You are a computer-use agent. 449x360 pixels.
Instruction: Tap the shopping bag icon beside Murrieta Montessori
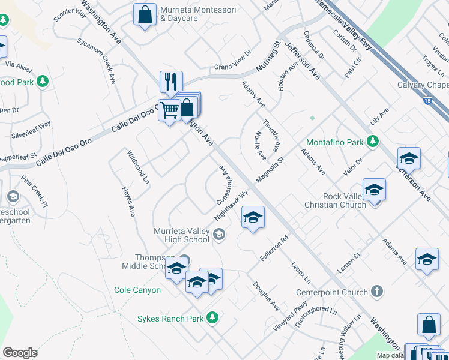[x=145, y=15]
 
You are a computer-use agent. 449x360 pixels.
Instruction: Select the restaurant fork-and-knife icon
[x=171, y=81]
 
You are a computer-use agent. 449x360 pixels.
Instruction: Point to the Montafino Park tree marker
[x=373, y=142]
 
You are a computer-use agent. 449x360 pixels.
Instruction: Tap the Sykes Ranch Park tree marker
[x=212, y=318]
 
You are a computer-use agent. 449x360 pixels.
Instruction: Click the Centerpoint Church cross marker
[x=377, y=292]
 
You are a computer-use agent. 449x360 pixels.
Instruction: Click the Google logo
[x=20, y=353]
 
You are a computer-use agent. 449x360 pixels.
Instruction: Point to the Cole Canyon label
[x=137, y=290]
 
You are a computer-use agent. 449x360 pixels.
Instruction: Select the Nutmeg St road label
[x=267, y=58]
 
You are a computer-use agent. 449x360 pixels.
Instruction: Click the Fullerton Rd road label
[x=274, y=247]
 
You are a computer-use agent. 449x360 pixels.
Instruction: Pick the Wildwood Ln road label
[x=137, y=167]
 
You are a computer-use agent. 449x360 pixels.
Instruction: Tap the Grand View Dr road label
[x=232, y=67]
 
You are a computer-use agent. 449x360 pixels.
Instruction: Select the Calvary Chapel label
[x=423, y=85]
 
